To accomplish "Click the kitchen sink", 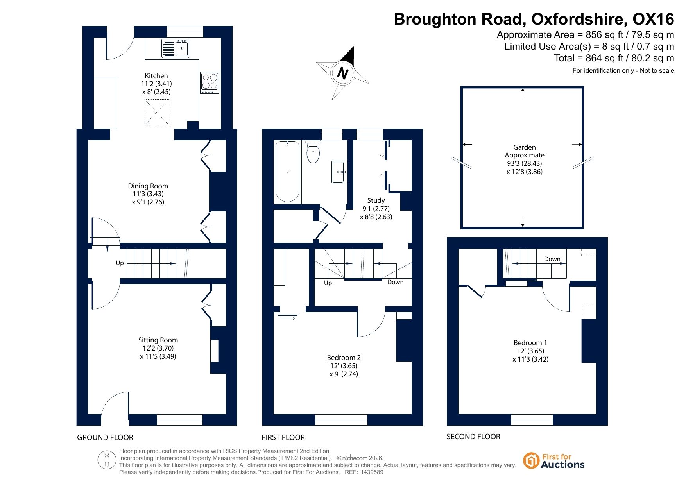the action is pos(176,48).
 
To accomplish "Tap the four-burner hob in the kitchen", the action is pos(210,83).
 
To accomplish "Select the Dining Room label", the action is pos(148,186).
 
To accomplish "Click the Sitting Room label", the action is pos(158,340).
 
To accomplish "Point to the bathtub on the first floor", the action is pos(288,172).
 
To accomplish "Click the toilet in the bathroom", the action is pos(313,152).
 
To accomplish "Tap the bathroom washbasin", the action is pos(339,172).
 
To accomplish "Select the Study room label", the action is pos(376,200).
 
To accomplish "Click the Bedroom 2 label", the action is pos(344,358).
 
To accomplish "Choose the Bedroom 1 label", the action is pos(530,343).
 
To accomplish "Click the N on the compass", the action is pos(343,73).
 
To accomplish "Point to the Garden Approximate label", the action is pos(525,151).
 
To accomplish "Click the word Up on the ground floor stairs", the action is pos(120,263).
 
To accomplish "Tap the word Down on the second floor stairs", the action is pos(552,259).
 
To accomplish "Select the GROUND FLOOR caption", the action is pos(105,437).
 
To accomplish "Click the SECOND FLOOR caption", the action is pos(473,437).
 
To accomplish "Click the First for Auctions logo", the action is pos(554,461).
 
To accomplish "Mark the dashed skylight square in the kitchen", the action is pos(157,113).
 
